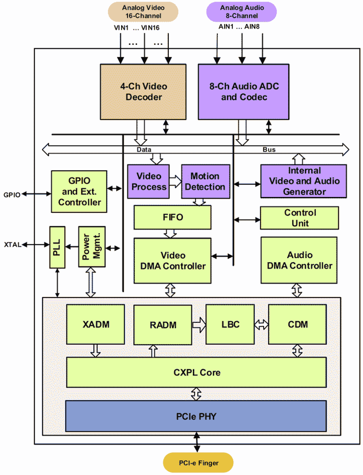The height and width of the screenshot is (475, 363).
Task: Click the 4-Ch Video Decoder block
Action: click(143, 92)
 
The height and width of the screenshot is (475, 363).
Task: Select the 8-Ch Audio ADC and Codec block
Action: click(243, 92)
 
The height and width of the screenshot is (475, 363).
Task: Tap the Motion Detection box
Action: click(205, 181)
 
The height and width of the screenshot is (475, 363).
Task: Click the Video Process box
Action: click(148, 181)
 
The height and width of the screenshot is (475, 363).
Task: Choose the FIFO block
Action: click(172, 217)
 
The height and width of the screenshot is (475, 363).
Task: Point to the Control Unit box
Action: click(299, 218)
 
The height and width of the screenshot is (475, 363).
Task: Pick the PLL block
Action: click(57, 247)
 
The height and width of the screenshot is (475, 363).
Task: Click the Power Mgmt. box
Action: click(92, 247)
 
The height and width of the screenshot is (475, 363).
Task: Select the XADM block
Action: click(95, 324)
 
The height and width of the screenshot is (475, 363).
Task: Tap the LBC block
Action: click(230, 324)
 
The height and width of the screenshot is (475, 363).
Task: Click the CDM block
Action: click(297, 324)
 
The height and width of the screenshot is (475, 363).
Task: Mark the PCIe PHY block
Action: click(196, 416)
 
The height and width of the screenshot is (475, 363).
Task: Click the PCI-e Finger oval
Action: click(198, 463)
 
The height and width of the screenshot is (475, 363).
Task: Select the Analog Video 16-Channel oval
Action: click(143, 12)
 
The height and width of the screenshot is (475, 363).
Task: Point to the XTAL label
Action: click(12, 245)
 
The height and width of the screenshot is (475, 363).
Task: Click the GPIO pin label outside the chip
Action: click(12, 195)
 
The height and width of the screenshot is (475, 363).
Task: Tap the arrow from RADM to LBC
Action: click(199, 325)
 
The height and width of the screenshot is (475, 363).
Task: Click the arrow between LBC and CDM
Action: click(261, 324)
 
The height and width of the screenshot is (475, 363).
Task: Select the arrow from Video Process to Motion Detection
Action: click(175, 181)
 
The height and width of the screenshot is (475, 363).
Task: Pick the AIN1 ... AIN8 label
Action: click(239, 27)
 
